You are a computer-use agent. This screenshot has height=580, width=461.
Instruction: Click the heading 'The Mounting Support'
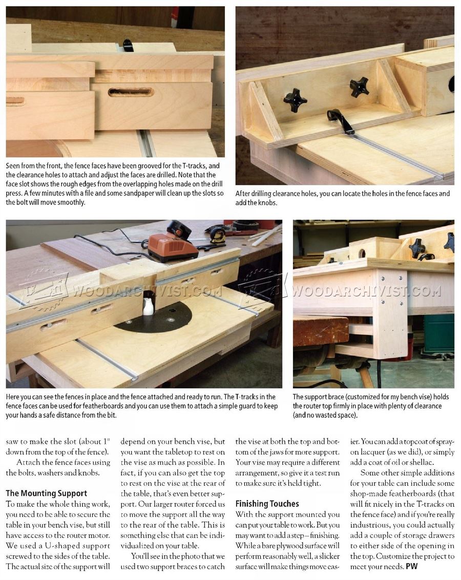pos(46,493)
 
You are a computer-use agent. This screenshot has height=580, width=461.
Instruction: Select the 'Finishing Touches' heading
pos(267,504)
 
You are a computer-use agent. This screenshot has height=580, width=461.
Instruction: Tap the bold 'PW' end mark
pos(411,566)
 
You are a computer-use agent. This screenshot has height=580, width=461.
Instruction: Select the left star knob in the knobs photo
pos(295,99)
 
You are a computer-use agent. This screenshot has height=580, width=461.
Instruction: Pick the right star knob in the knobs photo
pos(359,87)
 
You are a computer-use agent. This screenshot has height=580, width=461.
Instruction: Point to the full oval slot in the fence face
pos(131,92)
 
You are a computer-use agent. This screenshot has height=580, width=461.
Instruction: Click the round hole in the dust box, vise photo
pos(362,253)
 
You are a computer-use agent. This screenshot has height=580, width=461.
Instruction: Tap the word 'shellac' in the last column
pos(428,462)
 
